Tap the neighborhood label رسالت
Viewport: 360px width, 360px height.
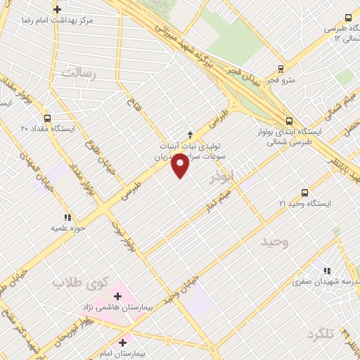(77, 72)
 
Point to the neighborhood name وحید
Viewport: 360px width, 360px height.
(276, 243)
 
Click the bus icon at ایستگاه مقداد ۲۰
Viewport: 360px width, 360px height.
(47, 118)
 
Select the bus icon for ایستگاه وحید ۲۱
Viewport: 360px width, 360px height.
(304, 193)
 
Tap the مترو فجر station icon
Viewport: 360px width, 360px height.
(281, 70)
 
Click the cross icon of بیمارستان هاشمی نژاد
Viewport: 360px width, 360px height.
(117, 296)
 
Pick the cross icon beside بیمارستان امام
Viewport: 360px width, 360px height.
(123, 342)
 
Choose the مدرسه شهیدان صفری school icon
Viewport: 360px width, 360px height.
(326, 270)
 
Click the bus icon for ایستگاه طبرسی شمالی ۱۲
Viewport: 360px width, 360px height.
(347, 18)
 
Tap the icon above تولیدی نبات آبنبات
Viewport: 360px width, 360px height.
(189, 134)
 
